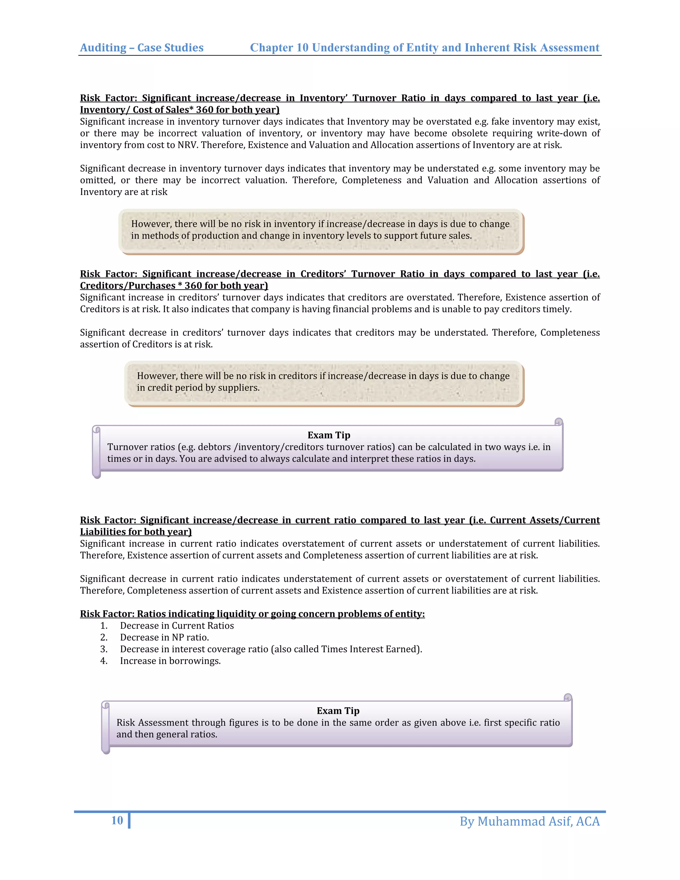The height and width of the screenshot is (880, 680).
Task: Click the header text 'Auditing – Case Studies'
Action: coord(142,47)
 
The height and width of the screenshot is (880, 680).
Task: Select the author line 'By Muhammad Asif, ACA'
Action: coord(529,821)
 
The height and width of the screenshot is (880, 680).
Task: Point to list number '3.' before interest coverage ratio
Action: coord(104,649)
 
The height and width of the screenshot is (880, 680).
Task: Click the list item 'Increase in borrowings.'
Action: coord(170,661)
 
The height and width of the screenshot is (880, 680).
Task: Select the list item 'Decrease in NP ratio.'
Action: coord(164,638)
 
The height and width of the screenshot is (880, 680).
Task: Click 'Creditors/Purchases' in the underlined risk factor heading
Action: coord(127,286)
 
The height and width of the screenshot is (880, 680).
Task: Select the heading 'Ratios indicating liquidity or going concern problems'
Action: coord(252,614)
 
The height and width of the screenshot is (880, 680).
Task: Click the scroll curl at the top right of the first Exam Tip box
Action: coord(558,422)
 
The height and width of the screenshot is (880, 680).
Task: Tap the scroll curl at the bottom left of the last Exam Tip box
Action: coord(106,750)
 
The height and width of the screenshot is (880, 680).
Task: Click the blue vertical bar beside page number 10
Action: coord(129,821)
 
